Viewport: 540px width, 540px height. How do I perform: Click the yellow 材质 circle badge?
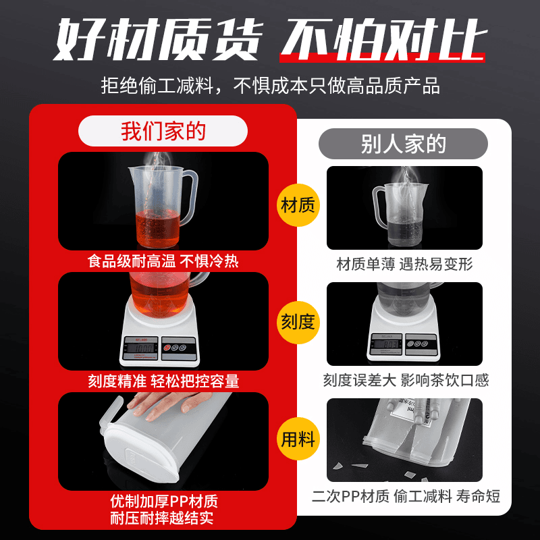click(298, 205)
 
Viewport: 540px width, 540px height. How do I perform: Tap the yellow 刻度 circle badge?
click(298, 322)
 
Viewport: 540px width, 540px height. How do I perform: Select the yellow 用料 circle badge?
click(298, 439)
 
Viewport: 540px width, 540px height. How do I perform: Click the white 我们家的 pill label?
click(163, 131)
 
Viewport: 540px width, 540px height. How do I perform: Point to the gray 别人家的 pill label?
click(403, 144)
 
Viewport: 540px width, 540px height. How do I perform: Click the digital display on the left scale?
click(141, 348)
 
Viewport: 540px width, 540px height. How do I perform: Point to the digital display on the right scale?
click(387, 344)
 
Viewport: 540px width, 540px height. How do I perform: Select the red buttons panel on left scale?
click(179, 348)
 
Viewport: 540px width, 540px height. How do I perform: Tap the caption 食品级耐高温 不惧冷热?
click(163, 261)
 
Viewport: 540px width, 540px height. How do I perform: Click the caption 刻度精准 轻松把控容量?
click(163, 381)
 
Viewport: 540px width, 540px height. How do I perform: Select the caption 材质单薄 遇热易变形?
click(404, 264)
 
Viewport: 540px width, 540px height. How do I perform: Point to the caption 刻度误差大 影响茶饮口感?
click(406, 380)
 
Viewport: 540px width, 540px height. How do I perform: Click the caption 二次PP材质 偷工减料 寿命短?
click(406, 496)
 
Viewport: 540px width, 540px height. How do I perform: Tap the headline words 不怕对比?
click(383, 40)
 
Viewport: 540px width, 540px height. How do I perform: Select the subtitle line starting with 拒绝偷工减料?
click(271, 86)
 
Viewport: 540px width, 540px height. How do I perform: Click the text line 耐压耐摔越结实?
click(162, 518)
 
